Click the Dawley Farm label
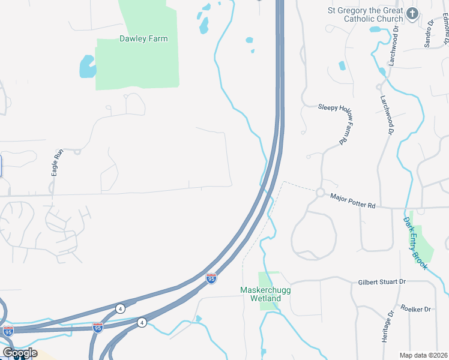pos(143,38)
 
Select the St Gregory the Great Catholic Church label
pos(365,14)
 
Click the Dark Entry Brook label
pos(415,242)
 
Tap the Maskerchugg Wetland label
pos(261,294)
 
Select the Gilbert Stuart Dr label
pos(382,281)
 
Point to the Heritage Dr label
pos(387,326)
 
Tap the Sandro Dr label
pos(429,34)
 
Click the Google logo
pos(19,352)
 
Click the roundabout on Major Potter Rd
pos(320,193)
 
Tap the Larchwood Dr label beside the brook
pos(388,114)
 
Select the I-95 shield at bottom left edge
pos(7,331)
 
